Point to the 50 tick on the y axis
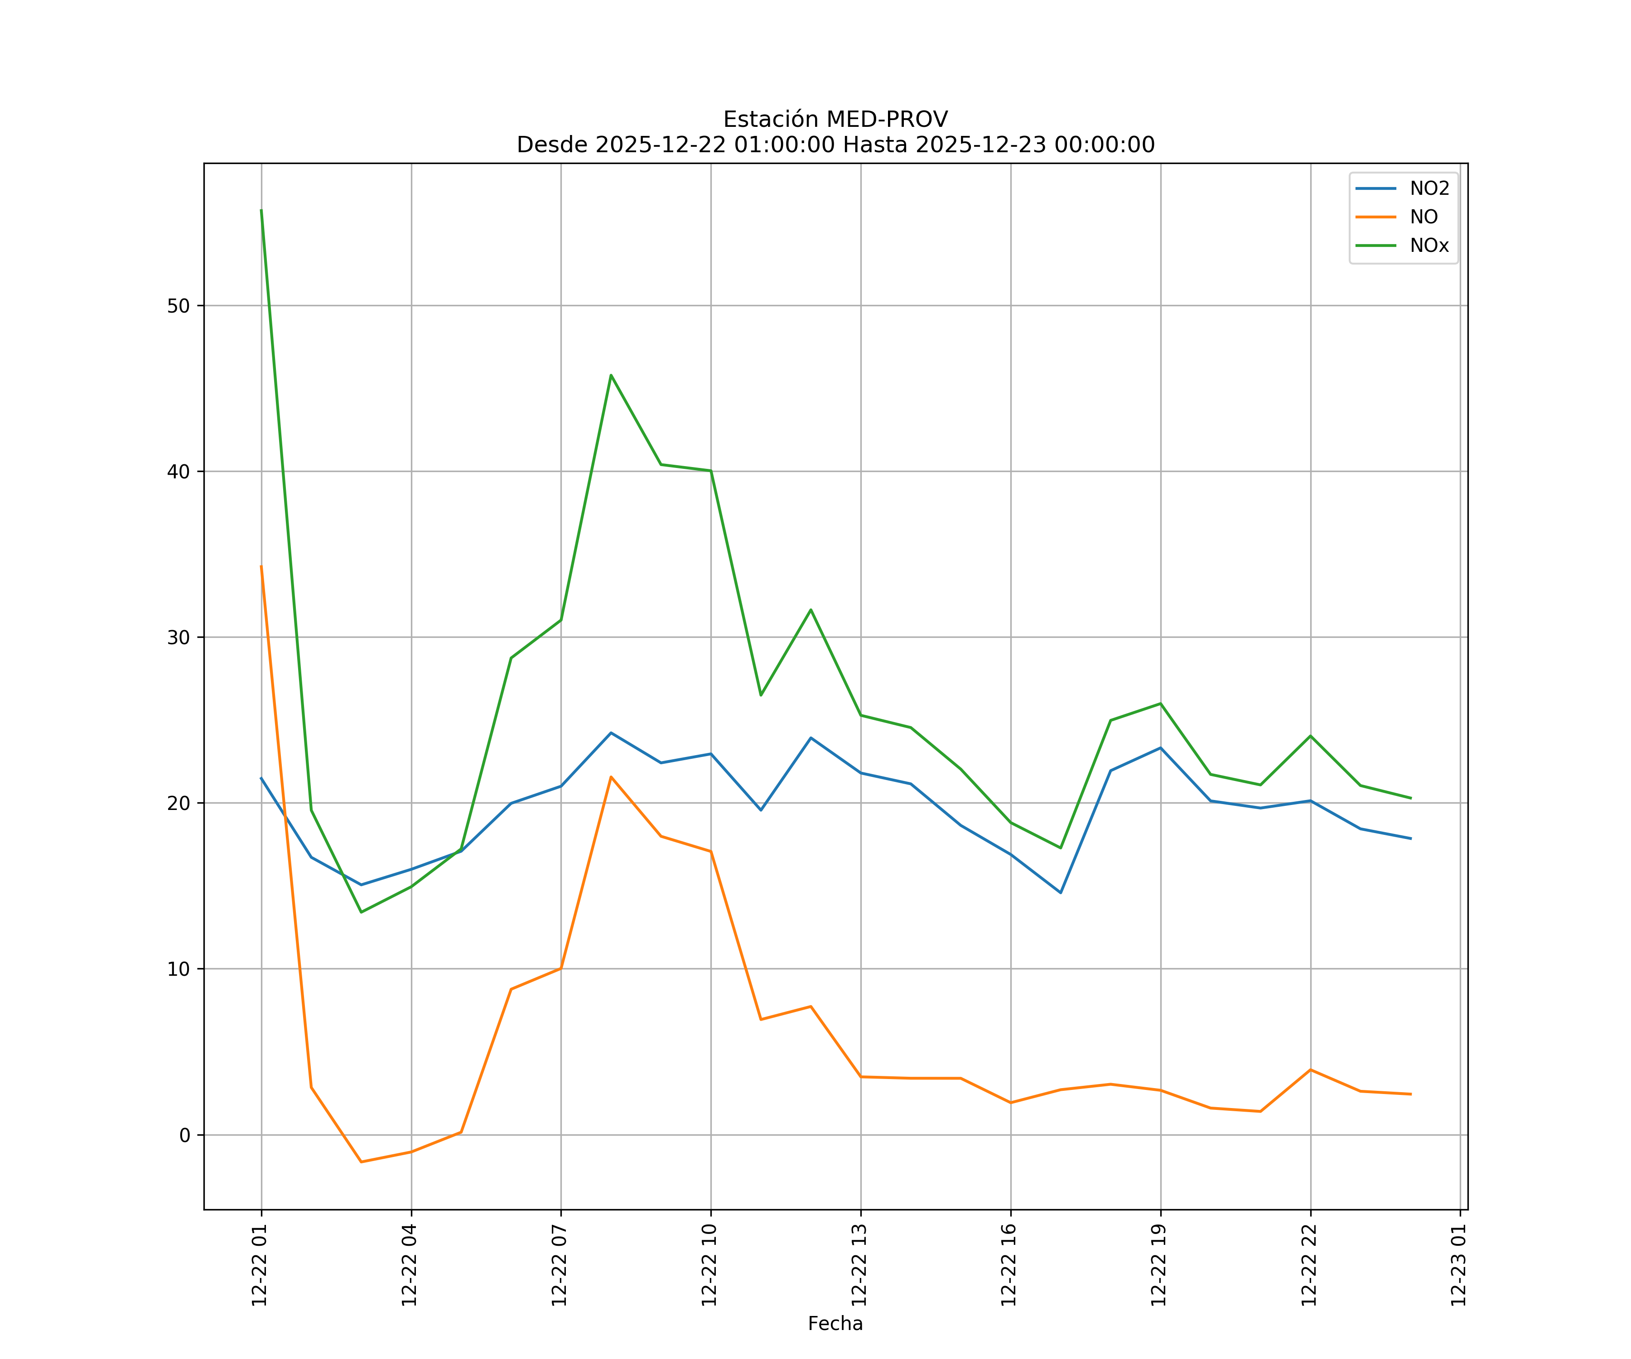click(x=178, y=306)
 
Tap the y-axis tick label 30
click(x=178, y=637)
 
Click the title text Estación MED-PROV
click(x=835, y=120)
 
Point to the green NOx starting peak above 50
click(x=261, y=210)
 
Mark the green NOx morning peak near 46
click(x=611, y=375)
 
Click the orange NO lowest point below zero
click(x=361, y=1162)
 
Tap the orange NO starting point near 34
click(x=261, y=566)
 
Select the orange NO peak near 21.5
click(x=611, y=776)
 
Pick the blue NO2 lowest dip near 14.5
click(x=1060, y=893)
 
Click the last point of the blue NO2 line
click(x=1410, y=839)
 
